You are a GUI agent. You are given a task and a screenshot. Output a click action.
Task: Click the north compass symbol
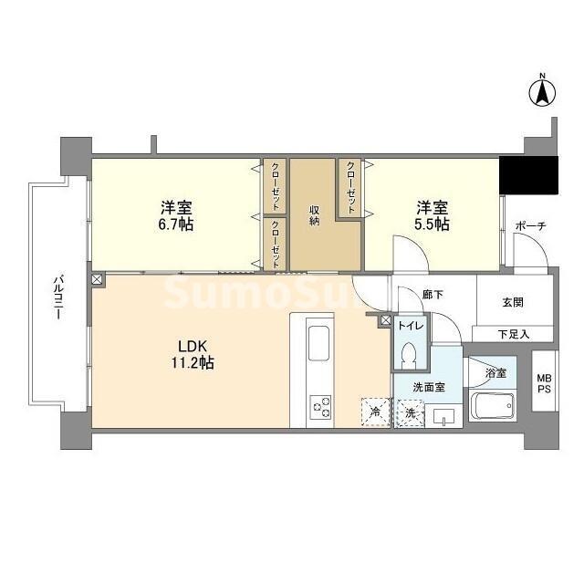pyautogui.click(x=542, y=91)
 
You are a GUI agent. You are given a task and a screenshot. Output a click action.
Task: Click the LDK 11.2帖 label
pyautogui.click(x=195, y=354)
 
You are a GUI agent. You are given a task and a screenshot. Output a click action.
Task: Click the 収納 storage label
pyautogui.click(x=314, y=215)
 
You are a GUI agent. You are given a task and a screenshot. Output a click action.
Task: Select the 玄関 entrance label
pyautogui.click(x=512, y=302)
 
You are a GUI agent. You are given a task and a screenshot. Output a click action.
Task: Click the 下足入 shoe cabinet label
pyautogui.click(x=513, y=334)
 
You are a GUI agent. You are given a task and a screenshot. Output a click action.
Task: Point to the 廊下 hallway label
pyautogui.click(x=433, y=294)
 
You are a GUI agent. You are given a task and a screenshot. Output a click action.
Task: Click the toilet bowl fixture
pyautogui.click(x=410, y=352)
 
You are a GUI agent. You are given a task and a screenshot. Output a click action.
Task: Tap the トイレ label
pyautogui.click(x=410, y=324)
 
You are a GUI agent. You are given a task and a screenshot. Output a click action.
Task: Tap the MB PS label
pyautogui.click(x=544, y=383)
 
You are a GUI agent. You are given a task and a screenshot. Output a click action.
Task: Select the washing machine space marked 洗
pyautogui.click(x=410, y=412)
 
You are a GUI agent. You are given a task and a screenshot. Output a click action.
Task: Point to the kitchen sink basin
pyautogui.click(x=320, y=346)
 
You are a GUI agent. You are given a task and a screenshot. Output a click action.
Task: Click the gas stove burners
pyautogui.click(x=321, y=406)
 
